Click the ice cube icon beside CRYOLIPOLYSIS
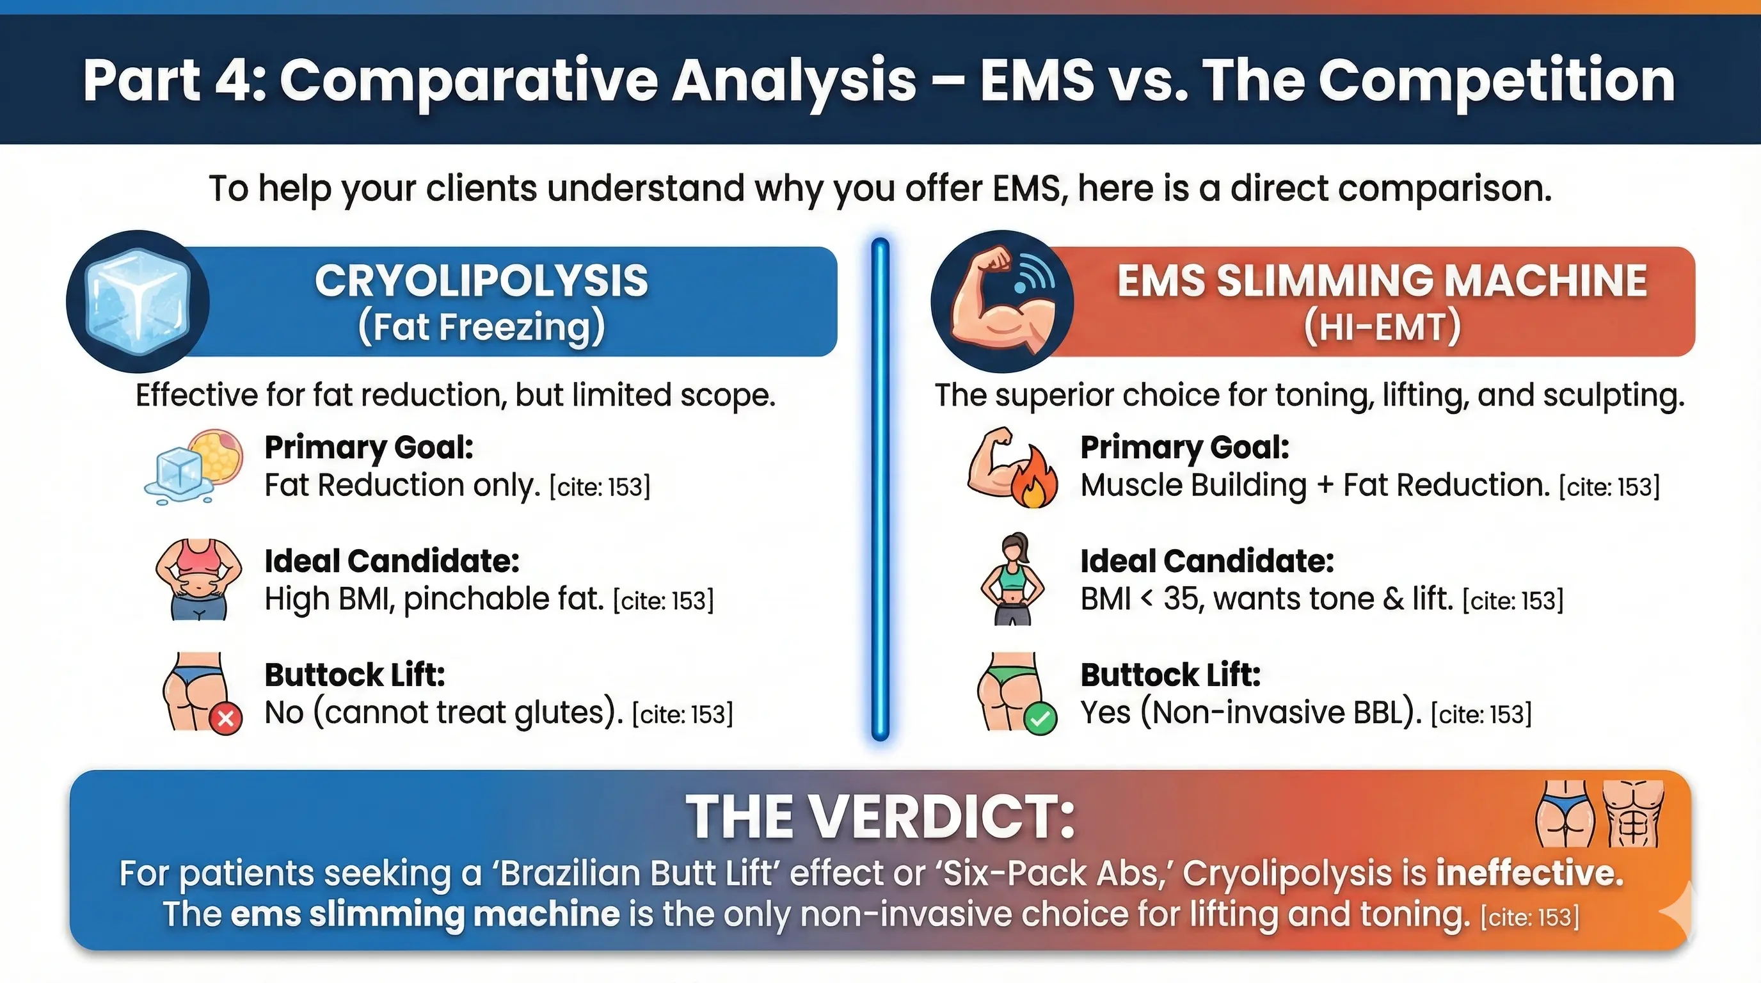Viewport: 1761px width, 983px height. [x=139, y=302]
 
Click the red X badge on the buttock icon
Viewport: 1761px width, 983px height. [x=226, y=719]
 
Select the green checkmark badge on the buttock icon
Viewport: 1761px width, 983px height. [x=1040, y=719]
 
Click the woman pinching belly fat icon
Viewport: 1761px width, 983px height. [x=198, y=579]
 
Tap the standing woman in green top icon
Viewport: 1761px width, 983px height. [x=1013, y=579]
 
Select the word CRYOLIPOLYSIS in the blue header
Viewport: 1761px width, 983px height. [x=481, y=281]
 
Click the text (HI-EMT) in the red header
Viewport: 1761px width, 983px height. [x=1382, y=327]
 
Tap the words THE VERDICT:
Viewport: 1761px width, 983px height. [x=881, y=818]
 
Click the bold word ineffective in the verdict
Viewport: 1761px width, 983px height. [x=1529, y=874]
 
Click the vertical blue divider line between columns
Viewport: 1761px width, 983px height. [x=881, y=489]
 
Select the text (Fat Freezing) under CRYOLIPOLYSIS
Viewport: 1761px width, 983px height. [x=481, y=327]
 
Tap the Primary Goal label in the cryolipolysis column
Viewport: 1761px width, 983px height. [x=369, y=448]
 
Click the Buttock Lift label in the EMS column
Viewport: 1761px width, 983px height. [x=1170, y=675]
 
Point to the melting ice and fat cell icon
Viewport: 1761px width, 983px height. [x=195, y=466]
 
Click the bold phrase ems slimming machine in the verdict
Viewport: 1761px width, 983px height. [x=425, y=915]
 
